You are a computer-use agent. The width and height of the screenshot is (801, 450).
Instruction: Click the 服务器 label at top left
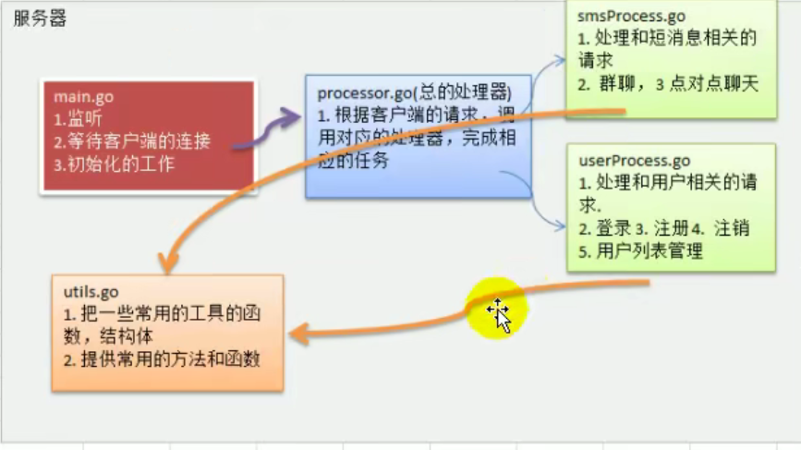pos(40,19)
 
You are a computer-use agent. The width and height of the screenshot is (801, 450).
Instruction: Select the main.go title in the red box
pos(83,97)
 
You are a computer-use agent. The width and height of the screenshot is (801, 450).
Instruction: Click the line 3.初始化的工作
pos(114,165)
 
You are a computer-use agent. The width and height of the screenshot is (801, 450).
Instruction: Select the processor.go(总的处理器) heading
pos(414,93)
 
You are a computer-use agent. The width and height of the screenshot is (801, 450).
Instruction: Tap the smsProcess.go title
pos(632,16)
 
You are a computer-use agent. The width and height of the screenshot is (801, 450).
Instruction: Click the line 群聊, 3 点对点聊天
pos(667,84)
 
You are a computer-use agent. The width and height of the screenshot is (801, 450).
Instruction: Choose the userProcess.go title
pos(634,161)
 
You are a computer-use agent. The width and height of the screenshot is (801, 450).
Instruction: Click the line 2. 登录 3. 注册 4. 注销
pos(663,228)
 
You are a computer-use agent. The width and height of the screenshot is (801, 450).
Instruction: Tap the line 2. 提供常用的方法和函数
pos(162,359)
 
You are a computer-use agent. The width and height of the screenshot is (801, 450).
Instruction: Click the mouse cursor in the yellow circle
pos(500,314)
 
